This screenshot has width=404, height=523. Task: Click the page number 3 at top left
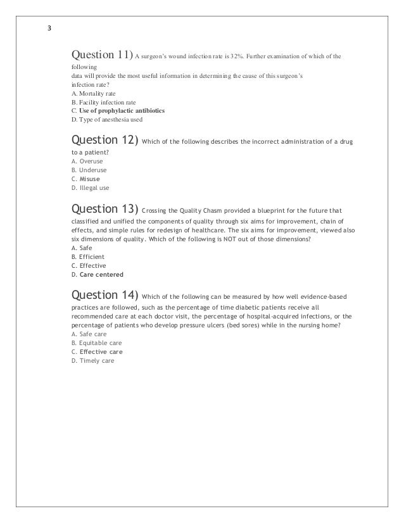point(50,29)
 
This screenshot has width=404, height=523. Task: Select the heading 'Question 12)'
point(105,140)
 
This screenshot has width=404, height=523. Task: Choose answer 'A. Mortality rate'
point(93,93)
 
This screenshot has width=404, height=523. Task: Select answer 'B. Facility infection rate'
point(103,102)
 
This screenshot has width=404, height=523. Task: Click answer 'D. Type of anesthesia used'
point(106,120)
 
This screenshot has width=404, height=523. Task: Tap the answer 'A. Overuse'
point(87,161)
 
